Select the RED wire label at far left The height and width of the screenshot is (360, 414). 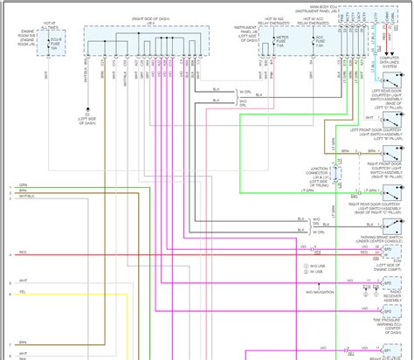click(x=22, y=254)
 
